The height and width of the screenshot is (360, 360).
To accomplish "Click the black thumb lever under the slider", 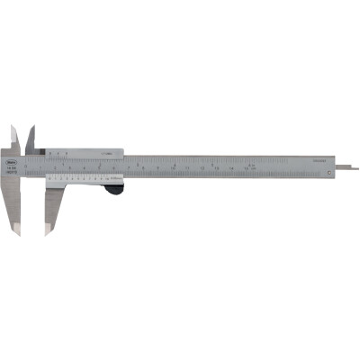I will pos(114,188).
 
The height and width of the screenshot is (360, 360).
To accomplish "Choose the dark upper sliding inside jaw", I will pos(31,137).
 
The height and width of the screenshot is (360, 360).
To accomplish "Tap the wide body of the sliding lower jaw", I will pos(50,202).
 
